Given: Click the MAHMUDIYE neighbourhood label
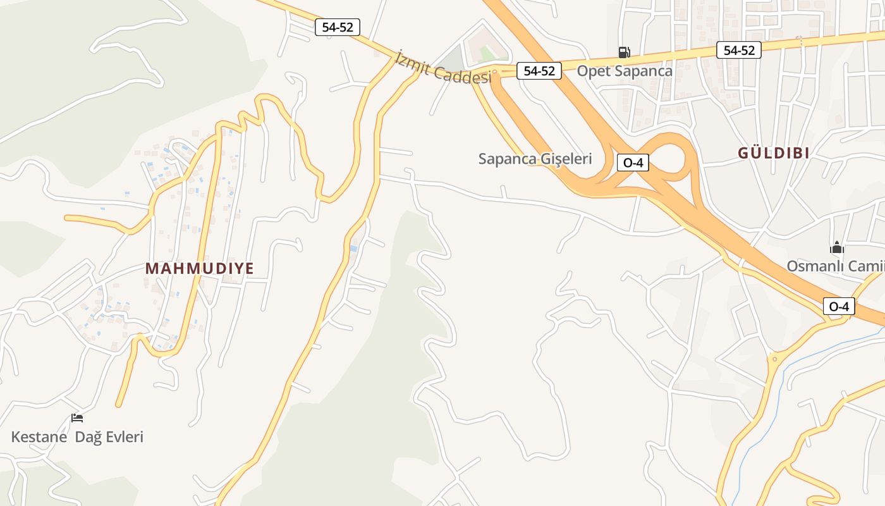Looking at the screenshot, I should click(200, 268).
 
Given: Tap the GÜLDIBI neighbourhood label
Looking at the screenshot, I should click(774, 153).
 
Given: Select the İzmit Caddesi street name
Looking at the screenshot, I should click(442, 68).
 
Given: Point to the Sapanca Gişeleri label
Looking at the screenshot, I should click(535, 159).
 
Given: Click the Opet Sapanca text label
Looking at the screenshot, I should click(625, 71).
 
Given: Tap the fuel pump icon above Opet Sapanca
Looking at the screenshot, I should click(624, 52).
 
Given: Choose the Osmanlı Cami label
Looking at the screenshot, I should click(834, 266).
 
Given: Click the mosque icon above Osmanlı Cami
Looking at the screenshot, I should click(837, 247).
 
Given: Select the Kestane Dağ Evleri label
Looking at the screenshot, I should click(77, 436).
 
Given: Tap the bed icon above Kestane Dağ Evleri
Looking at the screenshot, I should click(77, 417).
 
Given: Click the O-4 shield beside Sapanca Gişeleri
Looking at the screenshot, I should click(633, 163).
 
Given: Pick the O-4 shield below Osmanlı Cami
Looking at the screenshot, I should click(839, 307).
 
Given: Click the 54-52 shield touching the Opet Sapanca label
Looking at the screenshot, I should click(539, 71).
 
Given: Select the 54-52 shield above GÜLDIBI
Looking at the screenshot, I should click(739, 50).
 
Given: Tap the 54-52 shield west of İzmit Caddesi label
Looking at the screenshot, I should click(337, 27).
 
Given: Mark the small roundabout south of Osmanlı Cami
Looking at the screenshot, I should click(775, 359).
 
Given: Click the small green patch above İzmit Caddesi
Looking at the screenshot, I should click(487, 52).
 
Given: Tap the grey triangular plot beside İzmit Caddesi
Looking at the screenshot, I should click(451, 57).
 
